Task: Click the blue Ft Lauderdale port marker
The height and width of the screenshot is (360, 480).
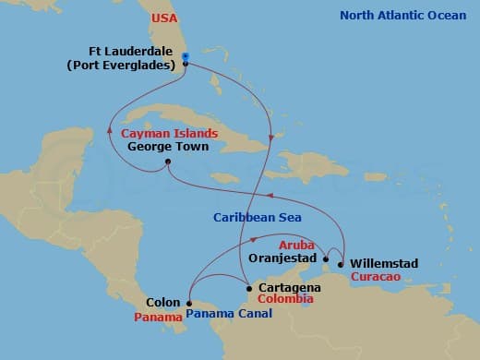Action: click(186, 57)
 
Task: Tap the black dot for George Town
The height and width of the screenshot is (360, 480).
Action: click(167, 163)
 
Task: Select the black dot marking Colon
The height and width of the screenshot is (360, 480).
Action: click(188, 303)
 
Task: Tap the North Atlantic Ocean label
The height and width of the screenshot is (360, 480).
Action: click(403, 16)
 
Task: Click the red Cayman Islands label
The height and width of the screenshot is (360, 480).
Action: click(165, 133)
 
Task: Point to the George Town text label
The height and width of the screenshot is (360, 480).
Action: click(168, 146)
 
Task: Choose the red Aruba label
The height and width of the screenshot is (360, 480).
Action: click(296, 246)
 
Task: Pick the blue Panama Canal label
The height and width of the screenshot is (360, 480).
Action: click(229, 314)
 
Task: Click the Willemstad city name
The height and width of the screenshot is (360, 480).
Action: click(384, 264)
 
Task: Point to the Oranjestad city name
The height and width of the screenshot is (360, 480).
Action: click(283, 259)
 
